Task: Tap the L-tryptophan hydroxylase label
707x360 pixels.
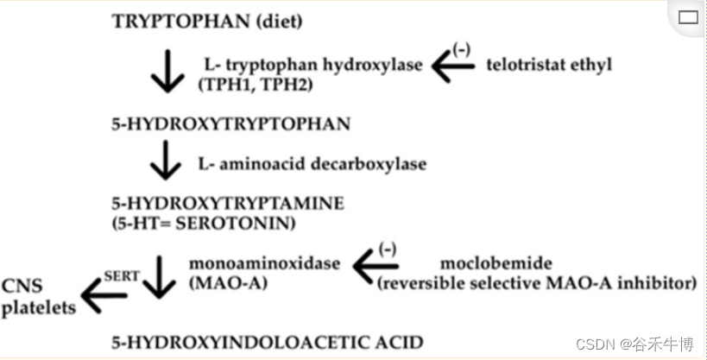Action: coord(313,66)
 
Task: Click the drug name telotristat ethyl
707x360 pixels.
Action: coord(548,66)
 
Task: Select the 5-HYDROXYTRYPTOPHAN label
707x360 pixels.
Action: coord(230,124)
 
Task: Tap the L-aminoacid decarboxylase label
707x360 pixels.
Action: coord(312,163)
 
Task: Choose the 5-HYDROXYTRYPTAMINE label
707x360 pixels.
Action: coord(228,204)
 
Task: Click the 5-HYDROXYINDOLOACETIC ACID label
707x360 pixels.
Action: coord(267,343)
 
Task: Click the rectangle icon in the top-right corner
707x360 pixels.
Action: coord(688,16)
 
